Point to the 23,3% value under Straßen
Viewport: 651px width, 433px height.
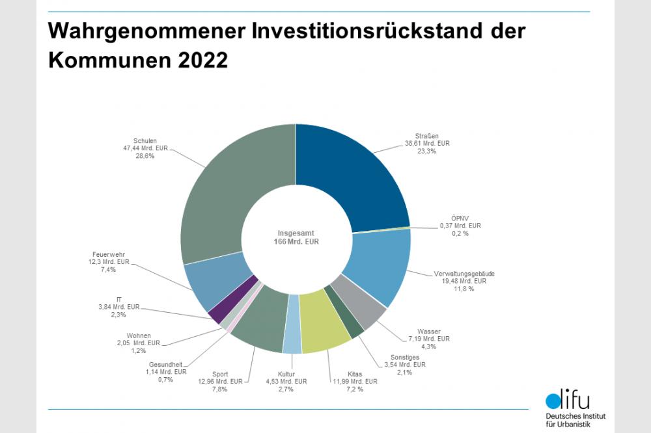(426, 151)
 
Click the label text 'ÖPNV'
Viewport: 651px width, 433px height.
(460, 218)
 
